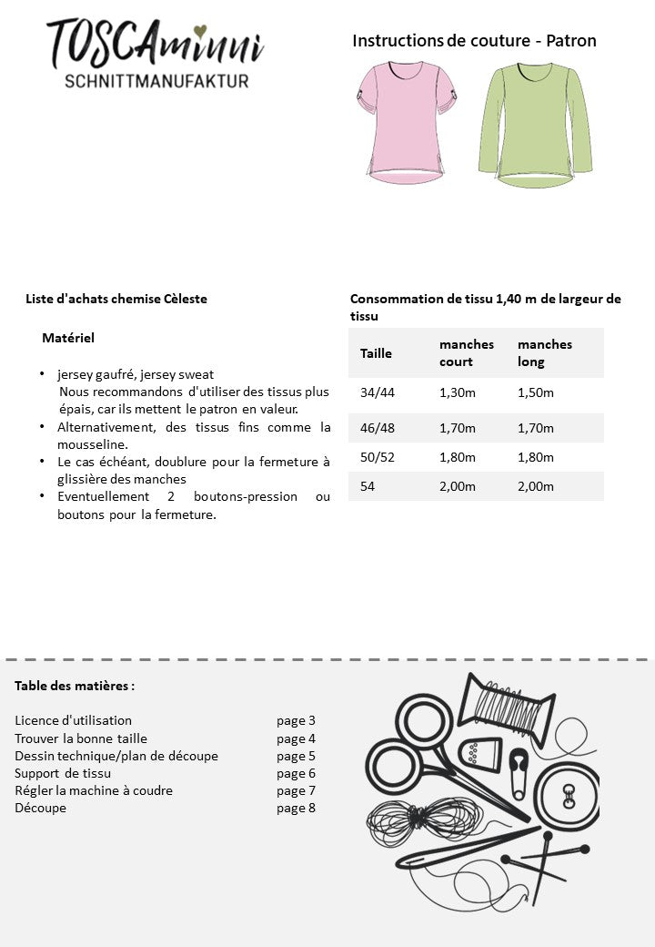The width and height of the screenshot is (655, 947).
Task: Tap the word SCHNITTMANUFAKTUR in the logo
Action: tap(156, 81)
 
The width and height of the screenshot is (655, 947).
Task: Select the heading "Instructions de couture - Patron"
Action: tap(474, 41)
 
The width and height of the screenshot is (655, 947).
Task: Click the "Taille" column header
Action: tap(376, 353)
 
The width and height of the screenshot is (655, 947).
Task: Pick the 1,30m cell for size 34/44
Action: tap(458, 393)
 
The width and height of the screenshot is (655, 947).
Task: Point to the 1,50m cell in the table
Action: tap(536, 393)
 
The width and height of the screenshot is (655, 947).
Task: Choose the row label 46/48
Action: tap(378, 428)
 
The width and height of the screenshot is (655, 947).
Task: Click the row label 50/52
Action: tap(378, 457)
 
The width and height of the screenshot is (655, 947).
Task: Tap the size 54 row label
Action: tap(368, 486)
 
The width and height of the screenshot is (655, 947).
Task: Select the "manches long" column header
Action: tap(545, 353)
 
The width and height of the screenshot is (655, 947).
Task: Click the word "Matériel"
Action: tap(68, 338)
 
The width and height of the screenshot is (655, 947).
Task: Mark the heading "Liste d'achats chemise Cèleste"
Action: tap(116, 299)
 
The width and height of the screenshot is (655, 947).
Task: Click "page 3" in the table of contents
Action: tap(296, 720)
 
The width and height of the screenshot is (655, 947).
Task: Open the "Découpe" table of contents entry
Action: tap(40, 808)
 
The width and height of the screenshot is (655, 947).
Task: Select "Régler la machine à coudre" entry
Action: tap(94, 790)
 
